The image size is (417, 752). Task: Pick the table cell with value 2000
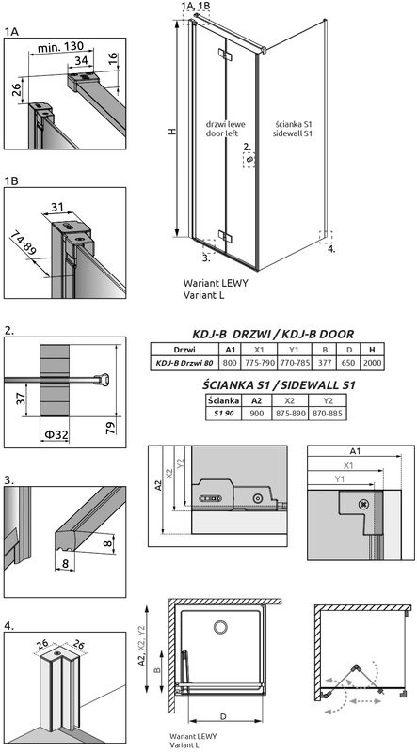tap(374, 361)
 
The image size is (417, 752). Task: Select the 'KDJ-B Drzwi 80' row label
tap(184, 361)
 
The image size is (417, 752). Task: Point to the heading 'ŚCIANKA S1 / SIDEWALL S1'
tap(279, 384)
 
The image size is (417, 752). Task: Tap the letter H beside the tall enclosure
tap(170, 133)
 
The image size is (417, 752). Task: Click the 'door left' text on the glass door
tap(222, 133)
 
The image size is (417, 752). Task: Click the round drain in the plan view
tap(220, 627)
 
